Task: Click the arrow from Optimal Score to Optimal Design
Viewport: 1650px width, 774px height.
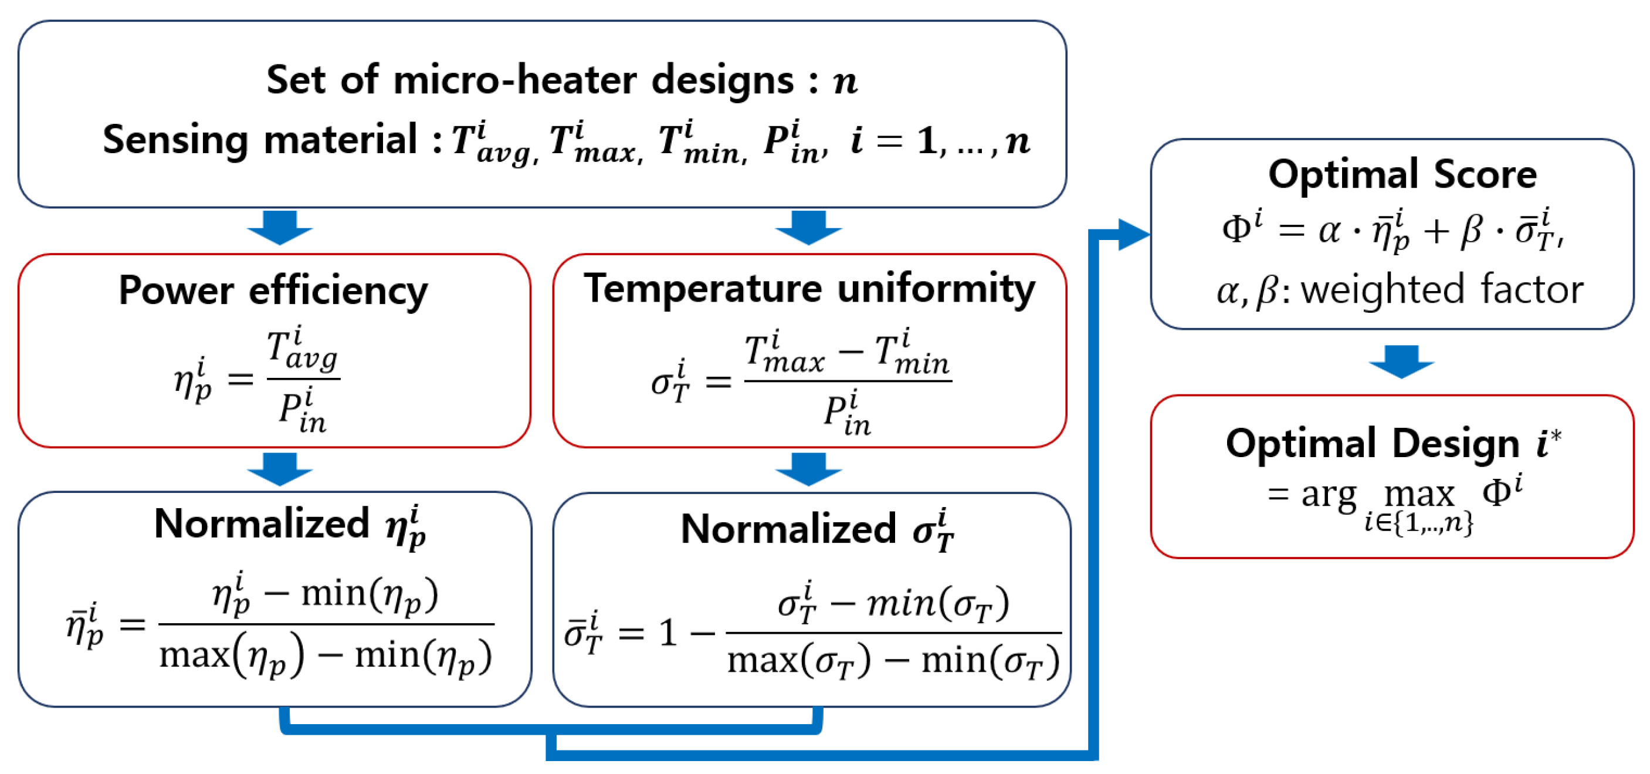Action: click(x=1401, y=361)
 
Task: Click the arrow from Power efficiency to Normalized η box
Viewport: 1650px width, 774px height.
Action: click(x=280, y=469)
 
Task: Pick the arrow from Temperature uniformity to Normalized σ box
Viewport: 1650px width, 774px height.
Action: click(x=808, y=469)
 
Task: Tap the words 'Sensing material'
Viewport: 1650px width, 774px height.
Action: click(x=259, y=140)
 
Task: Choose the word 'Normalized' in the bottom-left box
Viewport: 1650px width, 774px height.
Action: click(x=262, y=523)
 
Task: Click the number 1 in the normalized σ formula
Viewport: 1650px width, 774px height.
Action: click(x=668, y=634)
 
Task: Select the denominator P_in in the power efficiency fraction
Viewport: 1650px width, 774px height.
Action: click(x=302, y=411)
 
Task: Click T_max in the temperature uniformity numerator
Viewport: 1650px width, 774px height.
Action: click(x=784, y=354)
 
